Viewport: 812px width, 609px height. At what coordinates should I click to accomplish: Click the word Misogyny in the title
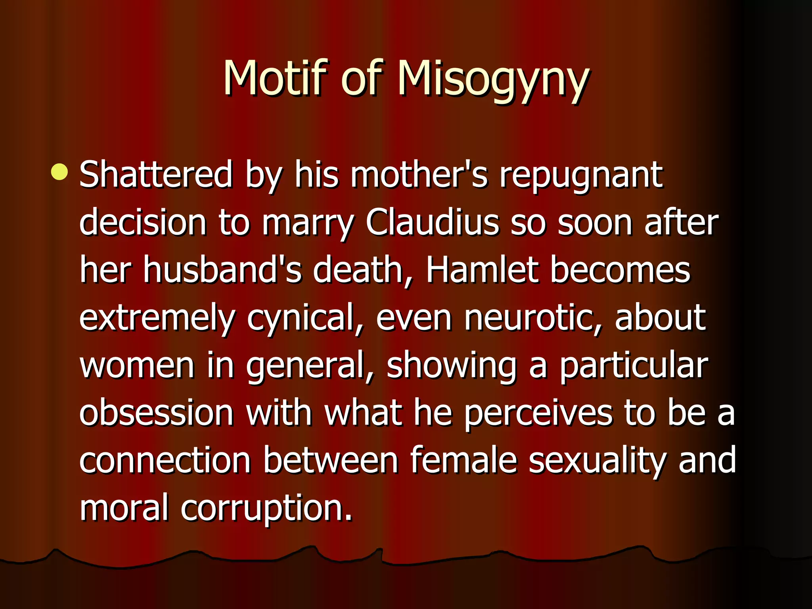(493, 79)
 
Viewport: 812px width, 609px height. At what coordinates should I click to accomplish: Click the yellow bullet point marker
(59, 172)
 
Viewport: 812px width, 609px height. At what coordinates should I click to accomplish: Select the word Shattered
(156, 174)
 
